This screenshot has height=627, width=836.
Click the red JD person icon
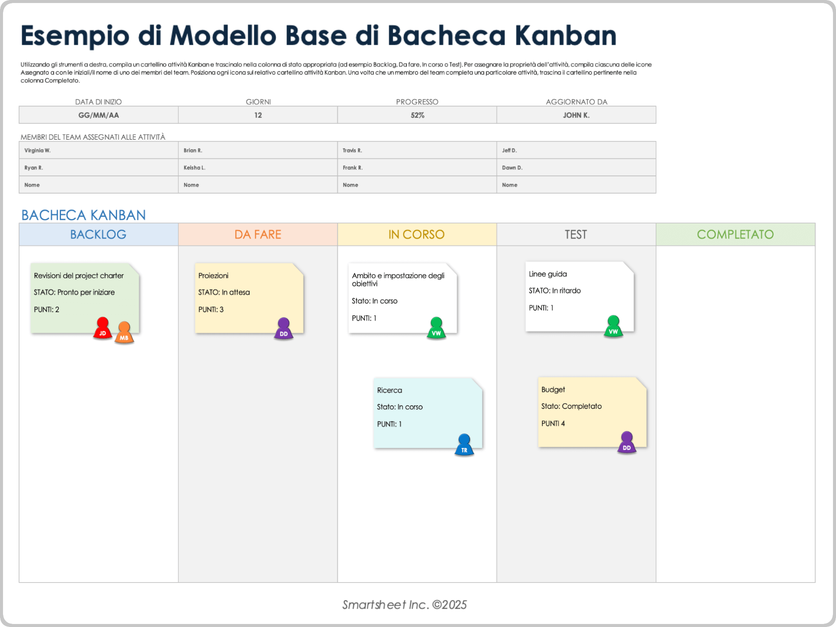tap(103, 329)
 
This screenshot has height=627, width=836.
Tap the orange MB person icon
tap(124, 333)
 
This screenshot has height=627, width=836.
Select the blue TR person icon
tap(464, 445)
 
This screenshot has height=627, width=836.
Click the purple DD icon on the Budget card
tap(627, 443)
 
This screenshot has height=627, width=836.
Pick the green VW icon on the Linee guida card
tap(613, 327)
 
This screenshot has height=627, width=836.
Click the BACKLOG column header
tap(98, 235)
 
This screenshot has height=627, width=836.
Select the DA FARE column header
tap(258, 235)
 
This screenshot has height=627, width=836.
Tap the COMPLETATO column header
tap(735, 235)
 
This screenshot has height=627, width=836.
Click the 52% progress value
tap(417, 115)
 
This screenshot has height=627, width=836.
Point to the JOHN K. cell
tap(576, 115)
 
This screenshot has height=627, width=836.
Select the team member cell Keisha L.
tap(194, 168)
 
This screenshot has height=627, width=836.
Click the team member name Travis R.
tap(352, 150)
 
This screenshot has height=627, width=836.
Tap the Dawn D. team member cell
tap(512, 168)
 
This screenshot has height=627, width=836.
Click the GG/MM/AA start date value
tap(98, 115)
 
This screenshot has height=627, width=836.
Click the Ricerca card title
tap(389, 391)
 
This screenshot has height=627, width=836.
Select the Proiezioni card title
tap(213, 276)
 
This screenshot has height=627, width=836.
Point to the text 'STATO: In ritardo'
tap(554, 291)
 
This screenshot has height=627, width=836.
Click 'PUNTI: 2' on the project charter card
tap(47, 310)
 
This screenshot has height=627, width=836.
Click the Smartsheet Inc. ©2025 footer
tap(404, 605)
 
